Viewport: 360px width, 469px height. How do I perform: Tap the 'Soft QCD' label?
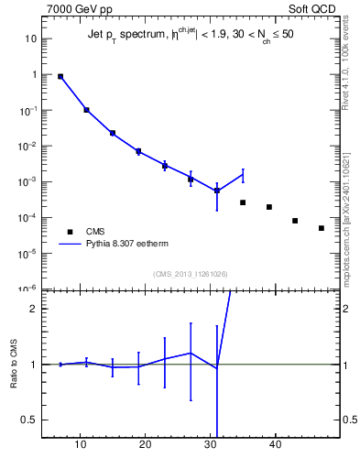pos(313,9)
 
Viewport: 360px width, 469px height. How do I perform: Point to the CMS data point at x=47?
pos(322,228)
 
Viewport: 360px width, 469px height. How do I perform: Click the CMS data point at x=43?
pos(295,221)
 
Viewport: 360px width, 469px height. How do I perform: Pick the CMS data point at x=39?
pos(269,207)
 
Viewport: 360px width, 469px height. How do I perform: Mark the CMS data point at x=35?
pos(243,202)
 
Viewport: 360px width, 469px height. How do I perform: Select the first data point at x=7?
pos(60,77)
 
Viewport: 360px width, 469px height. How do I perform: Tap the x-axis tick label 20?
pos(145,444)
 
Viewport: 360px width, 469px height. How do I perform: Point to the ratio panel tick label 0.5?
pos(29,420)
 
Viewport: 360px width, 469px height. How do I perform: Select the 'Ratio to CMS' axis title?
pos(16,364)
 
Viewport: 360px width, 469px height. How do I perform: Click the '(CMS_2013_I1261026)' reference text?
pos(190,274)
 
